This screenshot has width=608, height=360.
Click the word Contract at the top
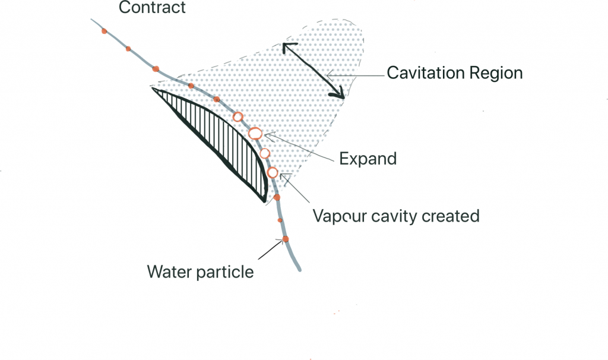(x=152, y=8)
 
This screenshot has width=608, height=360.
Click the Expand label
(x=368, y=159)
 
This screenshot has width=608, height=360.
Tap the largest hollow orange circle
(x=255, y=134)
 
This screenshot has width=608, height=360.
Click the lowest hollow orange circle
(x=273, y=173)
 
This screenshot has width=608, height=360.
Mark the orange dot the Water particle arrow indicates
(x=285, y=239)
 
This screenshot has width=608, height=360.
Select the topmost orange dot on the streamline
(x=104, y=31)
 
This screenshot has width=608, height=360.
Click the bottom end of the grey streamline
(x=299, y=270)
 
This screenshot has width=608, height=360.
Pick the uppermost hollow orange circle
(x=238, y=117)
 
